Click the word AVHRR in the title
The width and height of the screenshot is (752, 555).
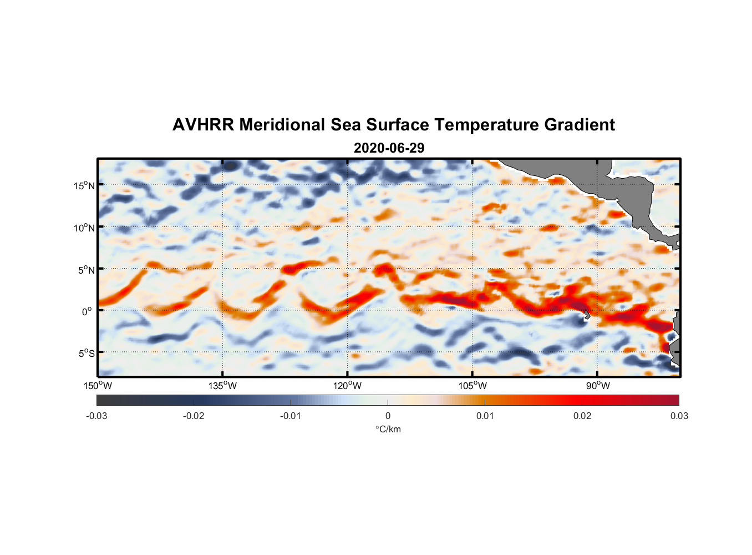tap(203, 125)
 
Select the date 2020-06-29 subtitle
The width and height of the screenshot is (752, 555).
tap(389, 148)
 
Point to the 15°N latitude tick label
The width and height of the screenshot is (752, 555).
tap(84, 185)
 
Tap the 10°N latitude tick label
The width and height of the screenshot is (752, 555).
tap(84, 228)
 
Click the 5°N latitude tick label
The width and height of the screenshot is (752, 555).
tap(86, 270)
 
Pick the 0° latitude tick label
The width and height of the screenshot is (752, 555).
tap(88, 311)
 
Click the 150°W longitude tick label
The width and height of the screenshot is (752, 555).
tap(98, 386)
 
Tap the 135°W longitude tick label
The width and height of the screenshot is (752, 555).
tap(223, 386)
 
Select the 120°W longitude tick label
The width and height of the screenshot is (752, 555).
tap(348, 386)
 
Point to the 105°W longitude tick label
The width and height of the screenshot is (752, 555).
tap(472, 386)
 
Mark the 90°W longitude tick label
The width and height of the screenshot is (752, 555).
tap(597, 386)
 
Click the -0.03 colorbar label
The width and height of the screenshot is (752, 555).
tap(96, 416)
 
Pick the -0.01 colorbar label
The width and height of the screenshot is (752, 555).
tap(291, 416)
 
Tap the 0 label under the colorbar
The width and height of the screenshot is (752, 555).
tap(388, 416)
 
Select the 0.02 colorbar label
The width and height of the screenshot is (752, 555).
tap(582, 416)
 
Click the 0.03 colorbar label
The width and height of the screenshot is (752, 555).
tap(679, 416)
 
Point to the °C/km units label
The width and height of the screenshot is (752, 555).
tap(388, 429)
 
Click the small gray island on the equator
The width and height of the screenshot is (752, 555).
tap(587, 314)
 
